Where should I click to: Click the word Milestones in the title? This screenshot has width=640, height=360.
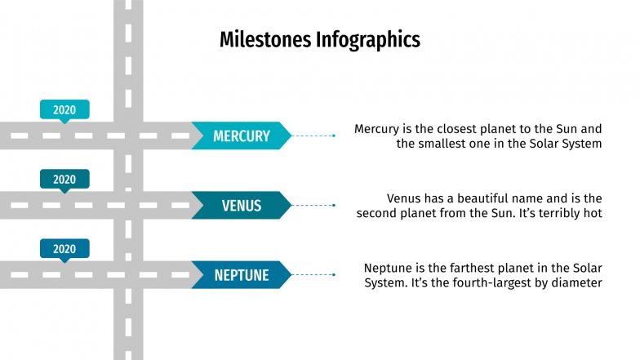click(x=266, y=39)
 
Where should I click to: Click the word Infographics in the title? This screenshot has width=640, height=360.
click(x=368, y=39)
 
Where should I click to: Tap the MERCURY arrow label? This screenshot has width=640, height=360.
click(x=241, y=136)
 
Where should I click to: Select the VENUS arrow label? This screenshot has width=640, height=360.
click(x=241, y=205)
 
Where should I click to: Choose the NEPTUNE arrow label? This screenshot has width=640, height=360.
click(x=241, y=275)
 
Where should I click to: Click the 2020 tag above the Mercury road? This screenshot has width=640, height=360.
click(x=64, y=109)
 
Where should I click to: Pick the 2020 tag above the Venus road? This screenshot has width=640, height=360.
click(x=64, y=179)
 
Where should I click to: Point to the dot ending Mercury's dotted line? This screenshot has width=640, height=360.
click(x=334, y=136)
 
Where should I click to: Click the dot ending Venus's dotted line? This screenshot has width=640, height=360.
click(x=334, y=205)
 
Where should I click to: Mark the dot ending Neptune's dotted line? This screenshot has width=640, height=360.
click(x=334, y=275)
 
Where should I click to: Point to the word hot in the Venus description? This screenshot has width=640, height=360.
click(x=592, y=213)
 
